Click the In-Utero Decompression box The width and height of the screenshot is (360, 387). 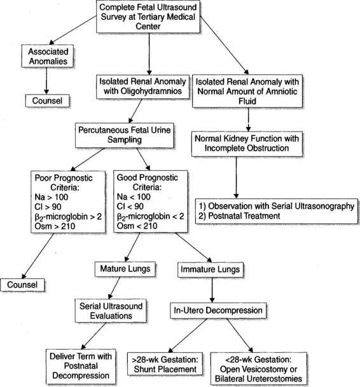[x=211, y=311]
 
